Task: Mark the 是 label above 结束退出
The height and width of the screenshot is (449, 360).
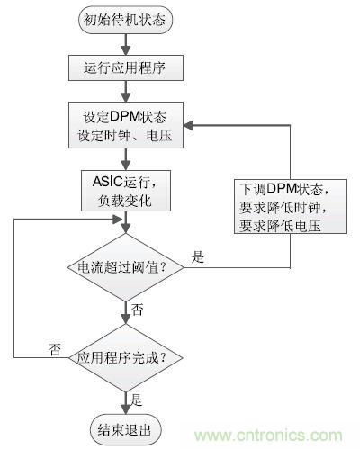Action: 137,397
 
